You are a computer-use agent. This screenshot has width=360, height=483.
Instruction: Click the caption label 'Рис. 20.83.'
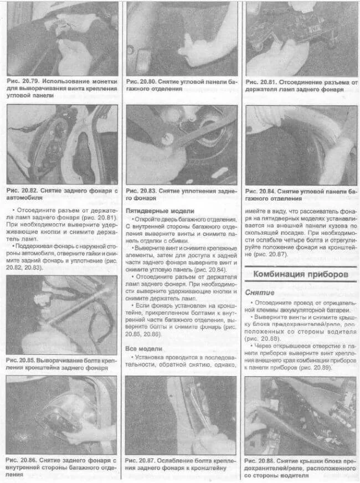pos(143,191)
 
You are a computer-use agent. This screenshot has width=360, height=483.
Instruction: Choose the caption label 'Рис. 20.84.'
pos(263,191)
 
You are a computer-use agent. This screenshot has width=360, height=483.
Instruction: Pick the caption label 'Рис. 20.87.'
pos(142,460)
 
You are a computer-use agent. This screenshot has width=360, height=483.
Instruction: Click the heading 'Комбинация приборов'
pos(308,274)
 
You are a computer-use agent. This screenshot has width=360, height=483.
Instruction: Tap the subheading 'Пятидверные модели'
pos(160,211)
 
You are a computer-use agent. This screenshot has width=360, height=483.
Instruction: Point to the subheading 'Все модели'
pos(144,349)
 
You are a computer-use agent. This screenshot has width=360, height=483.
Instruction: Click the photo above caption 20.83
pos(181,145)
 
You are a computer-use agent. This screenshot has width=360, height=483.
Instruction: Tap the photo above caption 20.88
pos(301,415)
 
